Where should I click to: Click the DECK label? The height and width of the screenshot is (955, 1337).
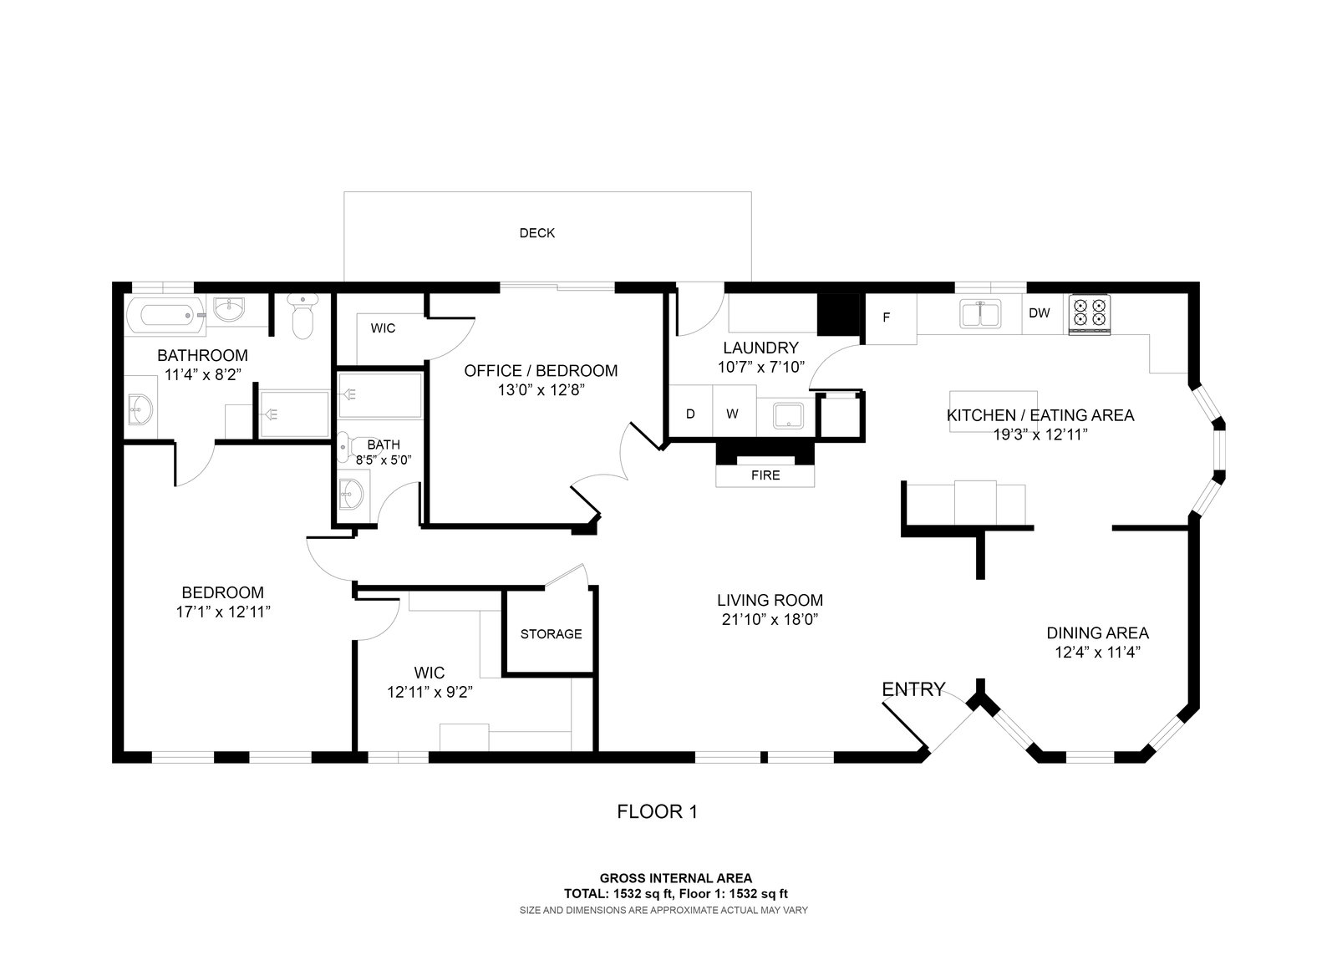(x=536, y=233)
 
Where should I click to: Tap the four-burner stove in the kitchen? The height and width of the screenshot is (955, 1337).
(x=1090, y=314)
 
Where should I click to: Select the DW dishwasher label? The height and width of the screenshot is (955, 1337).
(x=1040, y=312)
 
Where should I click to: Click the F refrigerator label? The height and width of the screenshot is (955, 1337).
(x=887, y=317)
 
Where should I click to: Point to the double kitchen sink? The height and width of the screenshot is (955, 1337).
(x=980, y=314)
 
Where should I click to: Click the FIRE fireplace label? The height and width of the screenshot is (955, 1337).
(x=765, y=475)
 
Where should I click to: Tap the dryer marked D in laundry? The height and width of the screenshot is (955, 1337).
(x=690, y=414)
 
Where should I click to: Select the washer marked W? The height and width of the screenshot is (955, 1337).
(x=735, y=414)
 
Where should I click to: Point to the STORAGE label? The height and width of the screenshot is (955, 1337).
(x=551, y=634)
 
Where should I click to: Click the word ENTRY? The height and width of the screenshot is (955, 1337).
(x=913, y=689)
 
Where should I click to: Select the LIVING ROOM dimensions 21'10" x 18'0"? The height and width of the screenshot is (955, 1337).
(x=770, y=620)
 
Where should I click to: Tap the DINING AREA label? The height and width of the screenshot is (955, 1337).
(x=1098, y=632)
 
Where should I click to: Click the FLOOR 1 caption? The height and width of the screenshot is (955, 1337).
(x=657, y=812)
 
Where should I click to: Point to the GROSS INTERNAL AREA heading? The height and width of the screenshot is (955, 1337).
(x=676, y=878)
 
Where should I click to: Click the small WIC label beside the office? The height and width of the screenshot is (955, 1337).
(x=383, y=328)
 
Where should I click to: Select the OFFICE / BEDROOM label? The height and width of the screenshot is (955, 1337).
(x=541, y=371)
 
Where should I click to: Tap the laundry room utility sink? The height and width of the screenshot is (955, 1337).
(x=789, y=416)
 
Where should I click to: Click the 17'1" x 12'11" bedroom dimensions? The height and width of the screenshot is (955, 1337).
(x=223, y=612)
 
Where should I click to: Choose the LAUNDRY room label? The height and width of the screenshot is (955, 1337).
(x=760, y=348)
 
